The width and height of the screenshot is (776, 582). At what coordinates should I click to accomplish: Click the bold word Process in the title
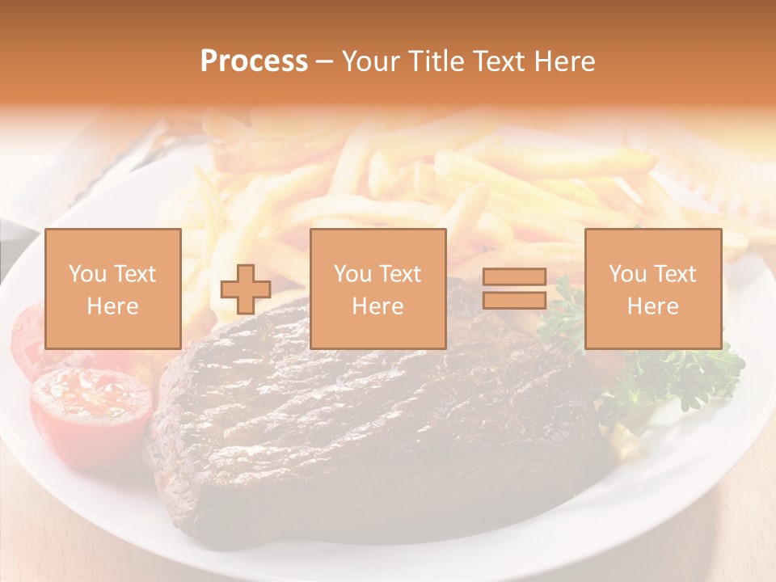click(254, 61)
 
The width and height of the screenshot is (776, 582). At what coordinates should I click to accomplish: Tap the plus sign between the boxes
click(246, 289)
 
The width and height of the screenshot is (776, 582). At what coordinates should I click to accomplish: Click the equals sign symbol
click(514, 289)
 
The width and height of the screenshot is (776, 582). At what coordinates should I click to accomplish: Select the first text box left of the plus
click(113, 289)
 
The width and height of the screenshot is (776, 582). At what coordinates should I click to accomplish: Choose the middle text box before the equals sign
click(378, 289)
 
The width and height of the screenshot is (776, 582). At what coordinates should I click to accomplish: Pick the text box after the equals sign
click(653, 289)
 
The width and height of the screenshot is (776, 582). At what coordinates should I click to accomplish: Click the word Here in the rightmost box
click(653, 306)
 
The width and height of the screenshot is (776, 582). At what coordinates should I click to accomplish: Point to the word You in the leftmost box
click(86, 274)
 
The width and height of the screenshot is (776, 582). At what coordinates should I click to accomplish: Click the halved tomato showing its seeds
click(91, 400)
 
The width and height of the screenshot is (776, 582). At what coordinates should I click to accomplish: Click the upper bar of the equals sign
click(514, 277)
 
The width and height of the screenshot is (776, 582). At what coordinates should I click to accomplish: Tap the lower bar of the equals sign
click(514, 300)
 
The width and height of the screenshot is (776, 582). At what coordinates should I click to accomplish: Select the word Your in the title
click(368, 61)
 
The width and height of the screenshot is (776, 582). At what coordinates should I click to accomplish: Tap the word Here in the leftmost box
click(113, 306)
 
